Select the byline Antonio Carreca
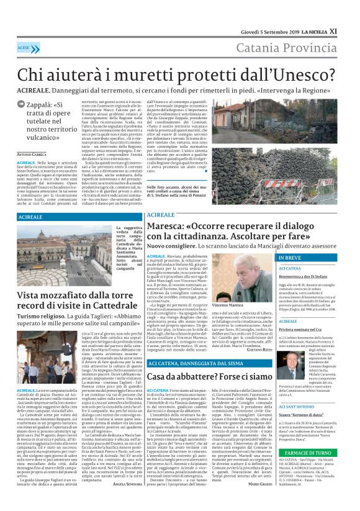32,153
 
